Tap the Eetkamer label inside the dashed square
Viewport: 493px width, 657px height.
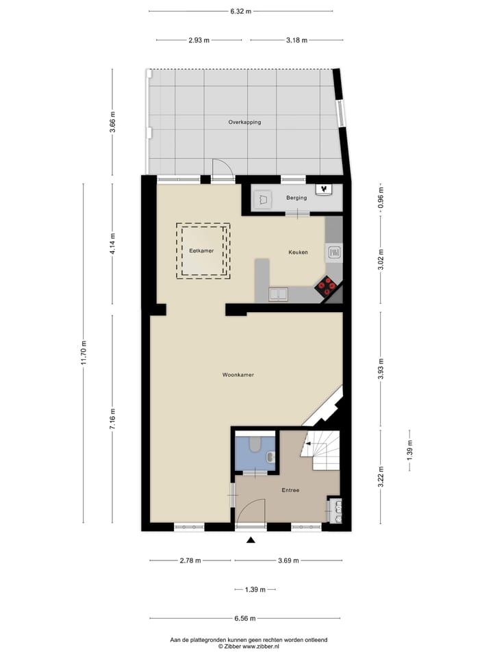click(201, 251)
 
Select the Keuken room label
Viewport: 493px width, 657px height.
click(298, 253)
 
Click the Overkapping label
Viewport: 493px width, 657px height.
click(244, 122)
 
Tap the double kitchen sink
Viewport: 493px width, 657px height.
click(279, 294)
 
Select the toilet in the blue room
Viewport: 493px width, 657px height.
click(255, 446)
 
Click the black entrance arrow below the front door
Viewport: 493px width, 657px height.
click(251, 541)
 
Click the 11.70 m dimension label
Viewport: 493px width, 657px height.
click(84, 352)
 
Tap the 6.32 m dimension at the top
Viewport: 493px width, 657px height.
click(240, 12)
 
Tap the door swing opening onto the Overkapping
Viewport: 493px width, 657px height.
click(221, 168)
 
